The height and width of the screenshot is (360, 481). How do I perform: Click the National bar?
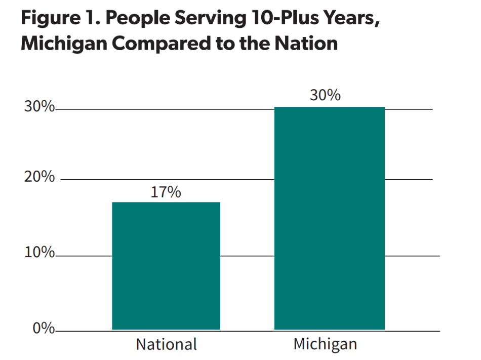coord(166,266)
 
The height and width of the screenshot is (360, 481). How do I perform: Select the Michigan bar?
coord(329,218)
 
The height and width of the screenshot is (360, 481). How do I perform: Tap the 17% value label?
coord(166,192)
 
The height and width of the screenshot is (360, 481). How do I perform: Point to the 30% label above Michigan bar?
coord(325,95)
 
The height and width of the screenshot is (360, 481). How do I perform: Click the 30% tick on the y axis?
coord(39,107)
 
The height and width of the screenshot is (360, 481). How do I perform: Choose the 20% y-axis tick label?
coord(39,177)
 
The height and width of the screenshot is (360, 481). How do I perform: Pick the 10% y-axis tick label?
coord(39,253)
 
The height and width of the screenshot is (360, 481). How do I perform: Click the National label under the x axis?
coord(166,345)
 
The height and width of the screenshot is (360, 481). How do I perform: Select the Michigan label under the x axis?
coord(325,344)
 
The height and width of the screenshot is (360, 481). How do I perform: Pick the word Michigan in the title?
coord(63,44)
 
